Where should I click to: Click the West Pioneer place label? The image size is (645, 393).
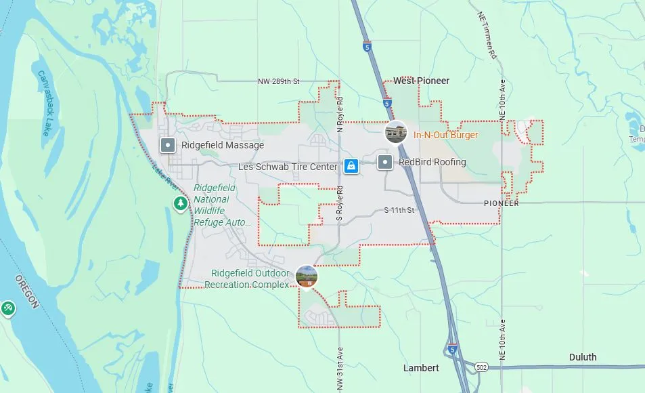click(x=421, y=81)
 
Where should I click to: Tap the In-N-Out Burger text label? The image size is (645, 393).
click(x=445, y=135)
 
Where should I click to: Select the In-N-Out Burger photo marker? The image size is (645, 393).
click(x=396, y=132)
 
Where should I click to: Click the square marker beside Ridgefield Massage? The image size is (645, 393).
click(x=168, y=145)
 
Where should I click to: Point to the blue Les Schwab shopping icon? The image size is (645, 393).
click(x=351, y=165)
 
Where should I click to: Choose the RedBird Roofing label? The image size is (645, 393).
click(x=432, y=162)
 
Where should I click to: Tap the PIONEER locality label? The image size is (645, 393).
click(x=502, y=203)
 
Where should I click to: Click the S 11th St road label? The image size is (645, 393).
click(x=398, y=211)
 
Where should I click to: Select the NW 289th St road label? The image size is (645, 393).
click(x=278, y=81)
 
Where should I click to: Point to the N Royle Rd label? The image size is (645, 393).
click(x=340, y=113)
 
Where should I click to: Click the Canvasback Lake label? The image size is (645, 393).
click(x=44, y=102)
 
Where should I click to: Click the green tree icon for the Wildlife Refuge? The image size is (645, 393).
click(x=180, y=203)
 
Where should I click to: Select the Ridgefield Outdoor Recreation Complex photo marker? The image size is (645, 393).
click(x=307, y=276)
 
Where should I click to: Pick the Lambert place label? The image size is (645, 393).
click(x=421, y=368)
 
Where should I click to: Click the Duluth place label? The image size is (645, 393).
click(x=583, y=357)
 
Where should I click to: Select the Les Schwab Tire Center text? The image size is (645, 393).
click(x=288, y=167)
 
